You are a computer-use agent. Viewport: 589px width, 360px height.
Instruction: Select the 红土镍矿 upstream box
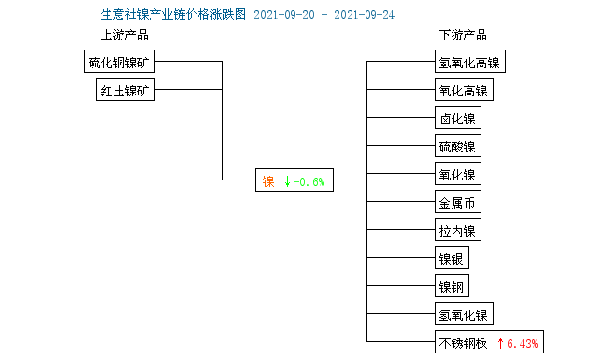pyautogui.click(x=127, y=91)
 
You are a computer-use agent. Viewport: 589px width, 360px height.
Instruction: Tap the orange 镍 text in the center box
pyautogui.click(x=267, y=181)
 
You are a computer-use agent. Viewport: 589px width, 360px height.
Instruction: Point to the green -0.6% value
pyautogui.click(x=309, y=181)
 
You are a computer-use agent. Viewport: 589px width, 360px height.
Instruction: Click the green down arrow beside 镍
pyautogui.click(x=286, y=181)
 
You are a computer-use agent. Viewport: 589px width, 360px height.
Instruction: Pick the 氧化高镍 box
pyautogui.click(x=463, y=91)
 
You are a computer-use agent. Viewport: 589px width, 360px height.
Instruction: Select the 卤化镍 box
pyautogui.click(x=457, y=119)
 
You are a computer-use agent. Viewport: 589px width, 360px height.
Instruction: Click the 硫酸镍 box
pyautogui.click(x=457, y=147)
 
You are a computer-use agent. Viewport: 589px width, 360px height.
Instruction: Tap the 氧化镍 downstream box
pyautogui.click(x=457, y=175)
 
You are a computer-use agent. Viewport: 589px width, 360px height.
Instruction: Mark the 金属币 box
pyautogui.click(x=457, y=203)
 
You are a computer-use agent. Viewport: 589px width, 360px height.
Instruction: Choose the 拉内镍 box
pyautogui.click(x=457, y=231)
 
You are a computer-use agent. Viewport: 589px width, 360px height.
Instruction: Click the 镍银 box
pyautogui.click(x=453, y=259)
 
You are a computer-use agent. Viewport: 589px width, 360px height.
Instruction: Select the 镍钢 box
pyautogui.click(x=453, y=286)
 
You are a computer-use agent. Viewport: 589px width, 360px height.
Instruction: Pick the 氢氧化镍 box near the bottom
pyautogui.click(x=463, y=314)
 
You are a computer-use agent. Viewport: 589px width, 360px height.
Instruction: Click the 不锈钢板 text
pyautogui.click(x=463, y=343)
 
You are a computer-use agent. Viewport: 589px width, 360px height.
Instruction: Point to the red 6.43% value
pyautogui.click(x=523, y=343)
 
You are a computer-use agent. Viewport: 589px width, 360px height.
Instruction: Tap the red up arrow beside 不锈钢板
pyautogui.click(x=500, y=343)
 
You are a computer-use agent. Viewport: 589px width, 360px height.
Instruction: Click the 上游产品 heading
pyautogui.click(x=124, y=36)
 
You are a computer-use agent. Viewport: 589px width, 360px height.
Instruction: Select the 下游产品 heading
pyautogui.click(x=462, y=36)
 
